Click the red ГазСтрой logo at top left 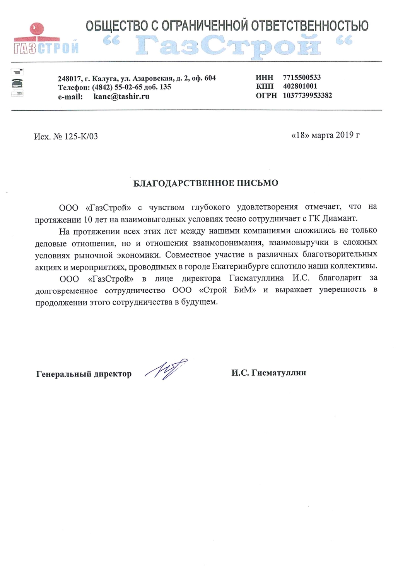[46, 39]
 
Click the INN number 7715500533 [302, 77]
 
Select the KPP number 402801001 [300, 86]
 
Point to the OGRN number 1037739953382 [307, 95]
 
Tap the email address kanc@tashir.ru [121, 96]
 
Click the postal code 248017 [69, 78]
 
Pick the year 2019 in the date [345, 135]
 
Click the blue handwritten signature [166, 368]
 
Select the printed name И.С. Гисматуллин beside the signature [268, 373]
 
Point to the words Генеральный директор [84, 374]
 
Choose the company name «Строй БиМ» [228, 290]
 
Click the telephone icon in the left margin [17, 83]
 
